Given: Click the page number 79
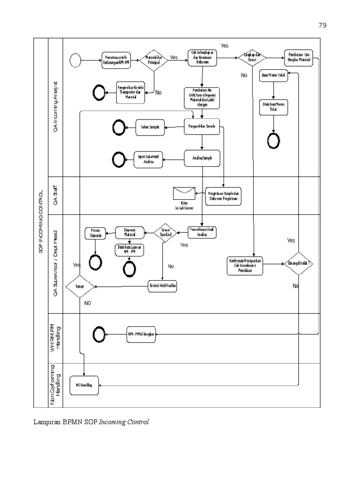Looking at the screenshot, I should coord(322,25).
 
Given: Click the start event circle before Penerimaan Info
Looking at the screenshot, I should coord(75,60).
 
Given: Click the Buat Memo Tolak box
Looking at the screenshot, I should coord(273,75).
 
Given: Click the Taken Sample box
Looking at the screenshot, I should coord(150,127).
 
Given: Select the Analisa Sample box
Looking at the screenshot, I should coord(202,158).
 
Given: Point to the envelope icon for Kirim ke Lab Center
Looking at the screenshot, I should coord(184,193).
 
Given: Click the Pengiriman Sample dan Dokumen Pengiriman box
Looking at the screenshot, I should coord(223,196).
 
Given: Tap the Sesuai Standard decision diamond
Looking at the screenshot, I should coord(165,232).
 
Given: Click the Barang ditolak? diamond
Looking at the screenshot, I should coord(299,263).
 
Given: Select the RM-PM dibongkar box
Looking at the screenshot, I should coord(141,334).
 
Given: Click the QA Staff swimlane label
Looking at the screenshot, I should coord(56,196).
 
